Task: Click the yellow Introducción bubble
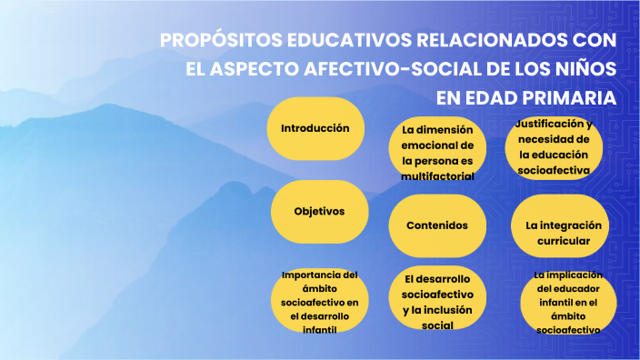click(315, 129)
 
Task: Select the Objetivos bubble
click(319, 211)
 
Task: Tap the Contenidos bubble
click(437, 225)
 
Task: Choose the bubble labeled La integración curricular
click(557, 233)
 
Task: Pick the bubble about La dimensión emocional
click(437, 153)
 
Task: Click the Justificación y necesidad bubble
click(554, 146)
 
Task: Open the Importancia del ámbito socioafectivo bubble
click(319, 301)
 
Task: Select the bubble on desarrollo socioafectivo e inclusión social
click(437, 301)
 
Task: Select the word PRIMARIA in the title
click(575, 97)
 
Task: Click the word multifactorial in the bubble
click(437, 175)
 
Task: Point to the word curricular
click(557, 241)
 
